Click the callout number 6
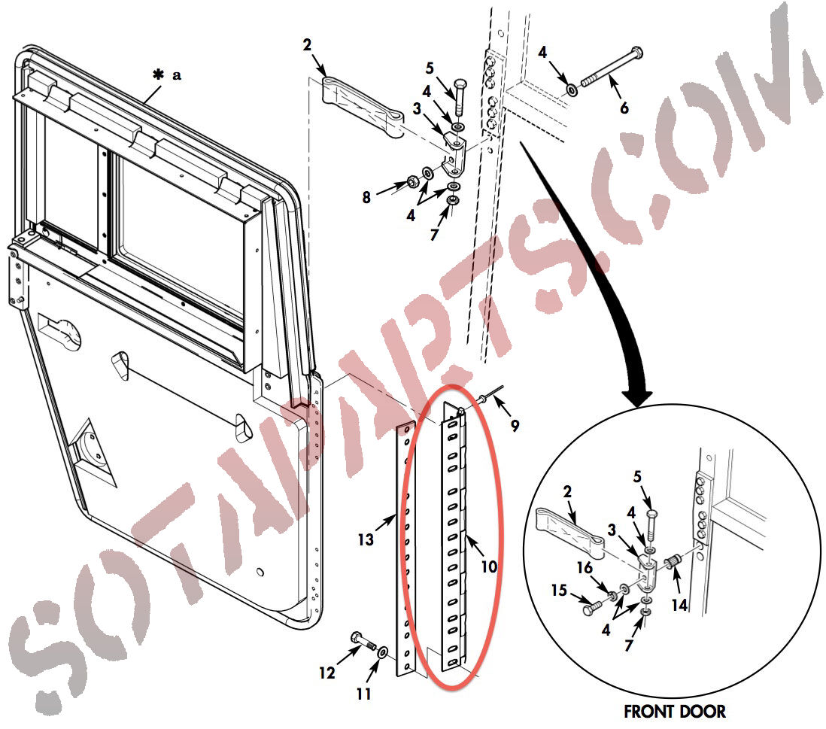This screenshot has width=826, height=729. pyautogui.click(x=624, y=108)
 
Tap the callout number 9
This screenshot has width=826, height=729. pyautogui.click(x=515, y=425)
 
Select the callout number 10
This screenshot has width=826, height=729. pyautogui.click(x=489, y=566)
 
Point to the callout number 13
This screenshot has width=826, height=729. pyautogui.click(x=366, y=539)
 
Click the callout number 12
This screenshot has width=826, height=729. pyautogui.click(x=326, y=673)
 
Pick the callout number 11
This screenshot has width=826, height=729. pyautogui.click(x=363, y=694)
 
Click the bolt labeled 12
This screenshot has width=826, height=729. pyautogui.click(x=363, y=640)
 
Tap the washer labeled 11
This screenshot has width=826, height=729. pyautogui.click(x=382, y=652)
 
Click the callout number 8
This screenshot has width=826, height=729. pyautogui.click(x=366, y=198)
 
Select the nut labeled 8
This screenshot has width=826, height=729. pyautogui.click(x=412, y=183)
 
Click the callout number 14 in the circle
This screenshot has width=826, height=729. pyautogui.click(x=679, y=605)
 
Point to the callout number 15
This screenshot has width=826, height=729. pyautogui.click(x=559, y=590)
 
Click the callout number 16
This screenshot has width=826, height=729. pyautogui.click(x=585, y=567)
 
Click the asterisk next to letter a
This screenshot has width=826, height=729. pyautogui.click(x=158, y=74)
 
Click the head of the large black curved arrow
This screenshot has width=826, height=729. pyautogui.click(x=637, y=396)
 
